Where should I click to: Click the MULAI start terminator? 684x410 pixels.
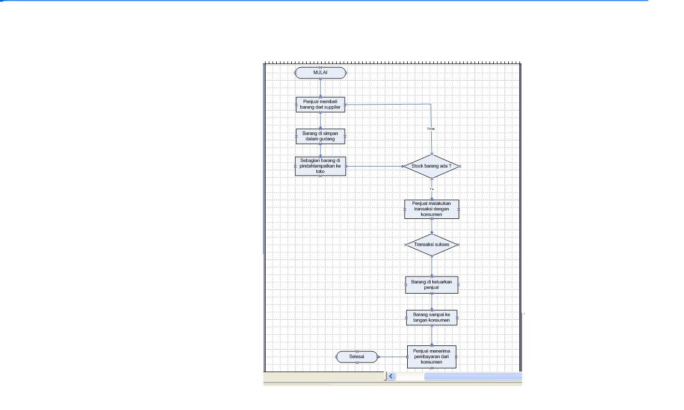[x=320, y=73]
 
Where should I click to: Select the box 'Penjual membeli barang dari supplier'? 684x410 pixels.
[x=320, y=104]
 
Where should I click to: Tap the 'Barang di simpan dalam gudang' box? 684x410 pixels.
[x=320, y=136]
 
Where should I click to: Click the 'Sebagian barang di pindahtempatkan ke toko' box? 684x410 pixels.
[x=320, y=166]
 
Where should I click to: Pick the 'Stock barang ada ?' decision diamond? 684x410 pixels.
[x=431, y=166]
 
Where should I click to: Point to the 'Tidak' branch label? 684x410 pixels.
[x=431, y=129]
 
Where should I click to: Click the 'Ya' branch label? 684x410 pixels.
[x=431, y=188]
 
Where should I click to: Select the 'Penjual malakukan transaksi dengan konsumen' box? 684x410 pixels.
[x=431, y=209]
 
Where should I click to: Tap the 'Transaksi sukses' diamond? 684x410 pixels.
[x=432, y=245]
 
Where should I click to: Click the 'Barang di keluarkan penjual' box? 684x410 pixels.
[x=431, y=285]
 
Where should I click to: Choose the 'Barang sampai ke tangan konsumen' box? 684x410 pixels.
[x=431, y=318]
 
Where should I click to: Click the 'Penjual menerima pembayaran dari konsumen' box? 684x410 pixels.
[x=431, y=357]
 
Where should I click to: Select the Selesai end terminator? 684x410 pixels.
[x=356, y=357]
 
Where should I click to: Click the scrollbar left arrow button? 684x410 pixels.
[x=391, y=376]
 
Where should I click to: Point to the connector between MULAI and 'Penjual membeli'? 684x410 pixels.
[x=320, y=88]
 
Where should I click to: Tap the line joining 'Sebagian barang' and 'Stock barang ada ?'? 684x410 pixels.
[x=374, y=166]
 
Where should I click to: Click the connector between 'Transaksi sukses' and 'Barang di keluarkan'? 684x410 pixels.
[x=432, y=266]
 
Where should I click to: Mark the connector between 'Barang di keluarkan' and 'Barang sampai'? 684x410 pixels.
[x=432, y=302]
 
